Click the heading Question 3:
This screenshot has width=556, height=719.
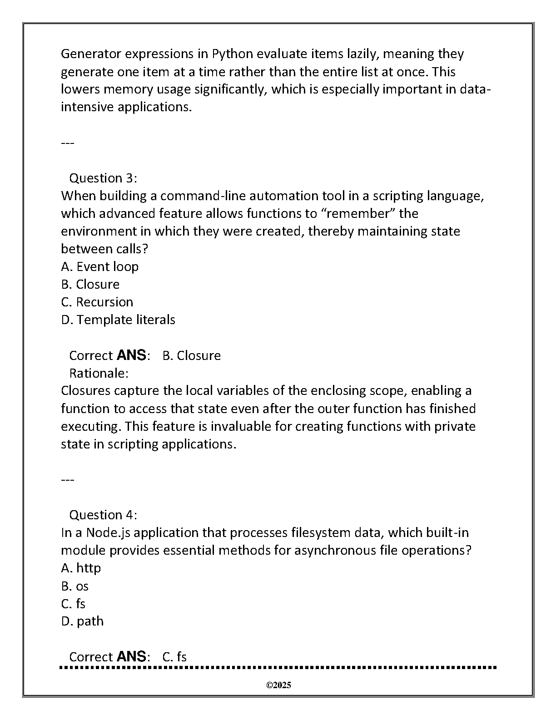click(x=103, y=178)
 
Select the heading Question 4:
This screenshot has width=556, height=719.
click(x=103, y=515)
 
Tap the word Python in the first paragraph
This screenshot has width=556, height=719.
click(x=232, y=54)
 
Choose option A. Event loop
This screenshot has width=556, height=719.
click(x=100, y=266)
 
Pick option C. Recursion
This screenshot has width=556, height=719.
click(x=97, y=302)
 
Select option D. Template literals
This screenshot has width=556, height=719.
click(x=118, y=320)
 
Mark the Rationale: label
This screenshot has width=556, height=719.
click(x=99, y=373)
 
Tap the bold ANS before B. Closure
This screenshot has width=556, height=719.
click(x=131, y=355)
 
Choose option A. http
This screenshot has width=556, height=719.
click(x=81, y=568)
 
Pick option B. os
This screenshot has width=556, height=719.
click(x=75, y=586)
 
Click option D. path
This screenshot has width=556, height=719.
click(x=82, y=621)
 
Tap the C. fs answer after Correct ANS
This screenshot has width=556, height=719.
click(x=174, y=657)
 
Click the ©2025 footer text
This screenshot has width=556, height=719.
click(x=278, y=685)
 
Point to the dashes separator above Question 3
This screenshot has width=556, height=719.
click(x=67, y=143)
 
